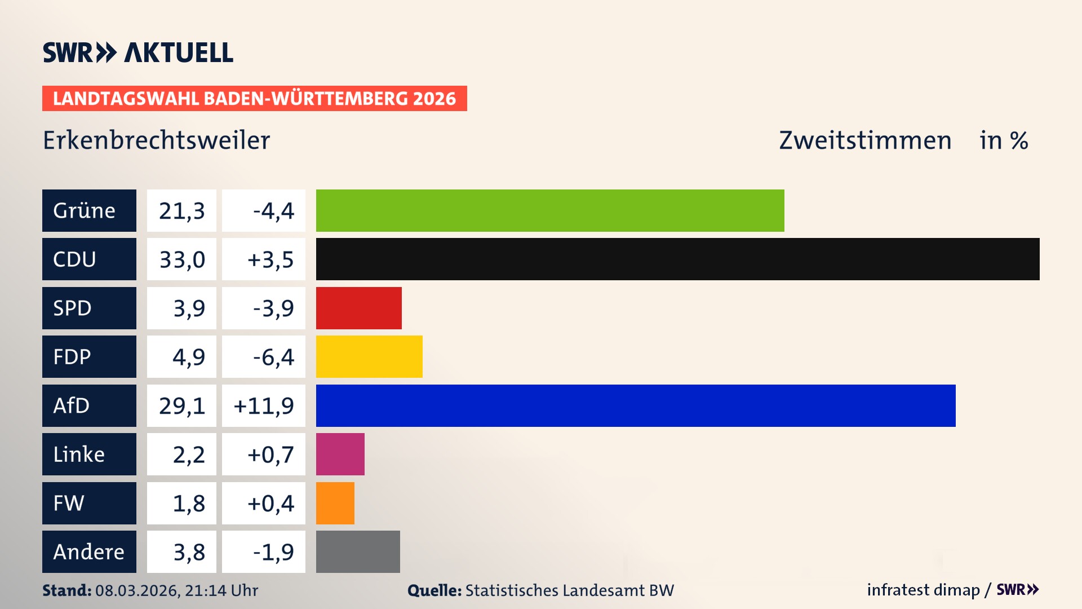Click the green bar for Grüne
click(x=549, y=210)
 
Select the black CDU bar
click(x=677, y=259)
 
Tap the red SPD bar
click(x=358, y=308)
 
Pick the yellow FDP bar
click(x=369, y=356)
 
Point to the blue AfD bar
click(x=635, y=405)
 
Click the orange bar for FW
click(x=335, y=503)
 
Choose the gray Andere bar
click(x=358, y=551)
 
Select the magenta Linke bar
click(x=340, y=454)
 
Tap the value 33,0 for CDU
click(x=181, y=259)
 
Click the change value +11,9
click(x=264, y=405)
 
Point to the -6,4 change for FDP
click(x=273, y=356)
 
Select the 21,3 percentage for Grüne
click(x=181, y=210)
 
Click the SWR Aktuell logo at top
click(x=138, y=52)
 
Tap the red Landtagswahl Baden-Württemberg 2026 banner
click(x=254, y=98)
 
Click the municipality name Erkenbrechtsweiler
click(x=156, y=140)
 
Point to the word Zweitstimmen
click(x=865, y=140)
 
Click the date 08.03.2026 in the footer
click(x=137, y=590)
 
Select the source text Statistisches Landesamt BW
click(x=569, y=590)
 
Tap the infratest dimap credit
click(x=923, y=590)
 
